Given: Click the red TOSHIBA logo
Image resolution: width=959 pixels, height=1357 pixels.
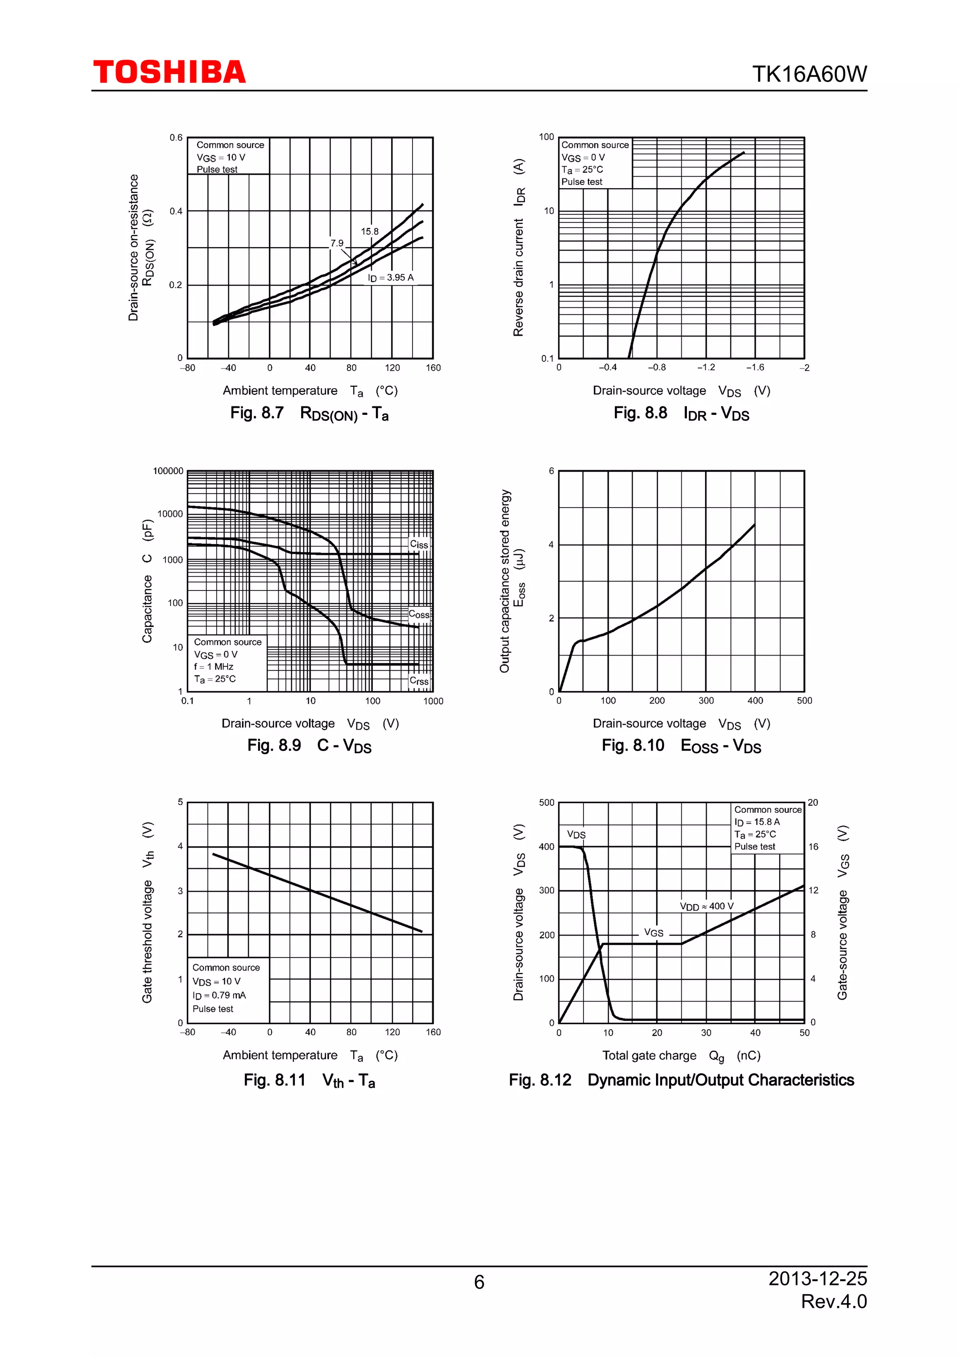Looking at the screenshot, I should [x=169, y=72].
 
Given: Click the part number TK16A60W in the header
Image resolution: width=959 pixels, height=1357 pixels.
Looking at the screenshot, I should [x=809, y=74].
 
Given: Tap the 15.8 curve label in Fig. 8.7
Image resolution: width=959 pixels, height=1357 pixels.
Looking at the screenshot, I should [x=369, y=232].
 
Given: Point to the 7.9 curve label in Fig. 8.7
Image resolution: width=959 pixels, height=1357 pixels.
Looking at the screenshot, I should [x=337, y=243].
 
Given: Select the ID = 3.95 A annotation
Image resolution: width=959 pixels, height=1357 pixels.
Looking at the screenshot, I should [x=391, y=278].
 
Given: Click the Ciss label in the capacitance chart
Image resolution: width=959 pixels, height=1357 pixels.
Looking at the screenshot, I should [x=419, y=544].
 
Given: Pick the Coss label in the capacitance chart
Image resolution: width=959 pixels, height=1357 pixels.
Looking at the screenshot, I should [x=419, y=615].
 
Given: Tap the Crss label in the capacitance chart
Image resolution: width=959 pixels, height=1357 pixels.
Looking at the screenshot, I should [x=419, y=681].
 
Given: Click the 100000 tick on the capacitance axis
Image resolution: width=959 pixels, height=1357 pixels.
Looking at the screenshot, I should [x=169, y=471].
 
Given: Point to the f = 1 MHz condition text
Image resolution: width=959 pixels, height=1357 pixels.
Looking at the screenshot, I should [x=214, y=667].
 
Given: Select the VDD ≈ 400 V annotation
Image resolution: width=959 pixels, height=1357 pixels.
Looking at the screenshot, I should [x=707, y=907].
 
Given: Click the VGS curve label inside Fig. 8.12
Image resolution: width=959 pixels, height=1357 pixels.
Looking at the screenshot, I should [x=654, y=933].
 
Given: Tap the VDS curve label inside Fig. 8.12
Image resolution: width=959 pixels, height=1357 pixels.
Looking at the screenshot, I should [x=576, y=834].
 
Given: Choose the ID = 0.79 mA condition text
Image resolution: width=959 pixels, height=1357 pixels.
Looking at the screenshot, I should [x=219, y=996].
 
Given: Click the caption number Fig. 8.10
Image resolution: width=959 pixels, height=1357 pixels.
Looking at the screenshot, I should [x=633, y=745].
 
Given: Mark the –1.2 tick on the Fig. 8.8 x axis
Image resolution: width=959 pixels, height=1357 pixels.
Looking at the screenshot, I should [x=706, y=368].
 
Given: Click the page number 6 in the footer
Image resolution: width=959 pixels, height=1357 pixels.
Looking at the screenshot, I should [x=479, y=1282].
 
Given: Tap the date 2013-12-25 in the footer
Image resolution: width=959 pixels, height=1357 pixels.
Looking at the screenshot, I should [x=817, y=1278].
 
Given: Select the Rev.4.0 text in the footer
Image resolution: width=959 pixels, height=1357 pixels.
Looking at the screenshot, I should [x=834, y=1301].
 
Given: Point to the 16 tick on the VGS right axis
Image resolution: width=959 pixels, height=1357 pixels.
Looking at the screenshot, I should [x=814, y=847].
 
